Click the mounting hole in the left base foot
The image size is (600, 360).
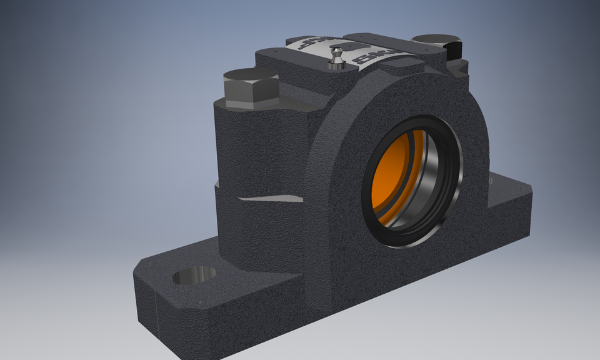[x=194, y=275]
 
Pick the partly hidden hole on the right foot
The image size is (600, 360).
[x=491, y=181]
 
